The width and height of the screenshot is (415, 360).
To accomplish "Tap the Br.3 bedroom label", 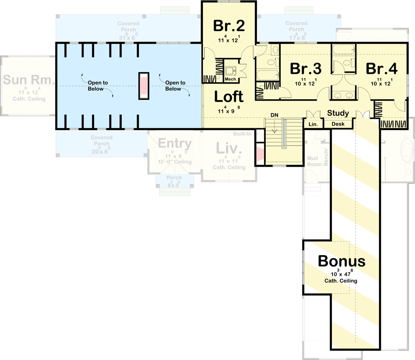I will [x=305, y=68].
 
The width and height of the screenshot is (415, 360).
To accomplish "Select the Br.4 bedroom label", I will [x=381, y=68].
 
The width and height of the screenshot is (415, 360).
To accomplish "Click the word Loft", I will [x=229, y=97].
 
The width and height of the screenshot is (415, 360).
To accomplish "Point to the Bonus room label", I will [x=341, y=261].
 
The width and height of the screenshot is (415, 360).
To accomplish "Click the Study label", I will [x=338, y=113].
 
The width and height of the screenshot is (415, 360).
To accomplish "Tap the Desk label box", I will [x=338, y=124].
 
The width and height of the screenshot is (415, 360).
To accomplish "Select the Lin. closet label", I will [x=312, y=124].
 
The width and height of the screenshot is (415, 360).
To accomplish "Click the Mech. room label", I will [x=230, y=79].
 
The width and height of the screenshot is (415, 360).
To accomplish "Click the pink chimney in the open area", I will [x=144, y=86].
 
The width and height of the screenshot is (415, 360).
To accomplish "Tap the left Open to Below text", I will [x=98, y=86].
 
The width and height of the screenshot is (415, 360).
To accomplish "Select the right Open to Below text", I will [x=176, y=86].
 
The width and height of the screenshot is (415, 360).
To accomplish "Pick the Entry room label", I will [x=174, y=144].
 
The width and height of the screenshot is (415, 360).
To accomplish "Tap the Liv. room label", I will [x=229, y=149].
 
